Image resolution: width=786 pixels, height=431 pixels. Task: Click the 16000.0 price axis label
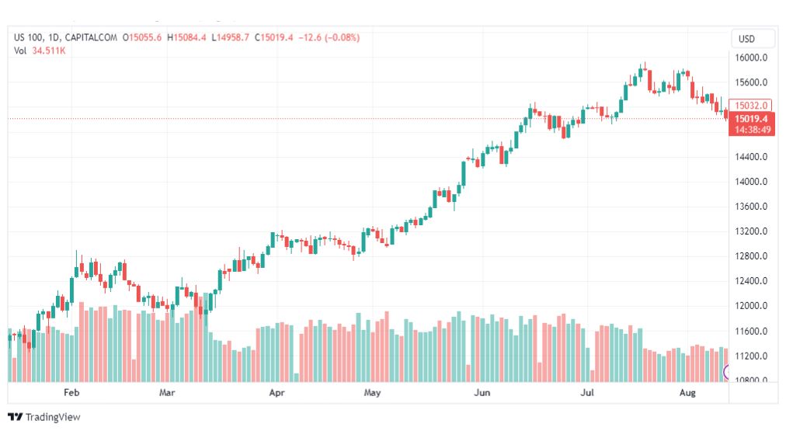(x=752, y=57)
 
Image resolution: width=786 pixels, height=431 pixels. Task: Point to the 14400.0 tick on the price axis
(x=752, y=157)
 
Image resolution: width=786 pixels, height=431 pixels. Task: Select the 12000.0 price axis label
(x=752, y=306)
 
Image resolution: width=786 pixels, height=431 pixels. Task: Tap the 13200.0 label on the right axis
(x=752, y=231)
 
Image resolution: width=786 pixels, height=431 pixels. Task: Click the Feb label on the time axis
(x=71, y=393)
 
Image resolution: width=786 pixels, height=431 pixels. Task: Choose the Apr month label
(x=276, y=393)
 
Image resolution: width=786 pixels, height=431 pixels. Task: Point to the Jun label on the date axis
(x=482, y=393)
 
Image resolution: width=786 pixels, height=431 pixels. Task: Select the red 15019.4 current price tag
(x=752, y=118)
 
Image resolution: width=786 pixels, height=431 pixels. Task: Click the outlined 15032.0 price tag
(x=752, y=106)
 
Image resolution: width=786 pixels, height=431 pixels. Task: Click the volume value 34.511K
(x=49, y=50)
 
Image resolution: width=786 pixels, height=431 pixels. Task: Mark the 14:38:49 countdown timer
(x=753, y=130)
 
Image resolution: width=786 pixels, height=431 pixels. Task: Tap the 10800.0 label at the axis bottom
(x=752, y=380)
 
